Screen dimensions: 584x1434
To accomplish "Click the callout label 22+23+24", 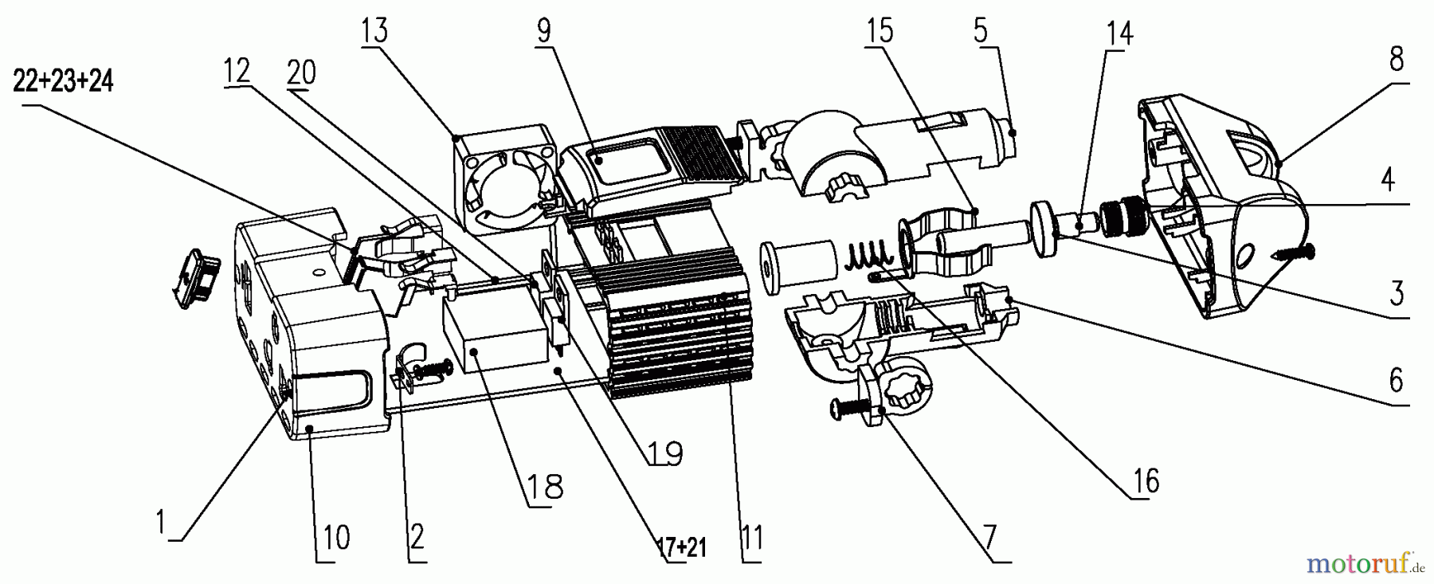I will click(x=63, y=82).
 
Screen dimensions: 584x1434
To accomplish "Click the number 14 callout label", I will click(x=1118, y=33).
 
